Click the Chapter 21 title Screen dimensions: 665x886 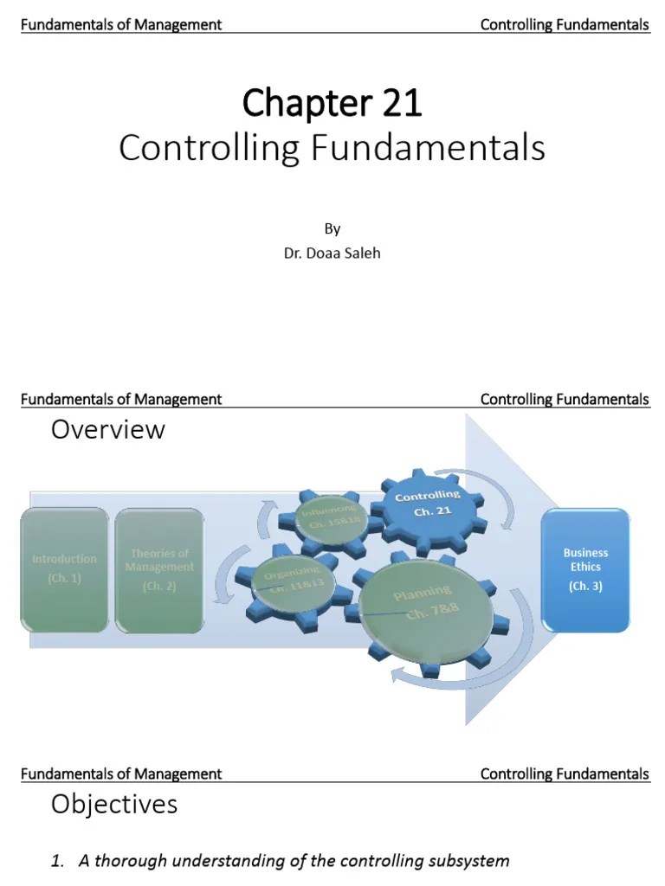click(x=332, y=104)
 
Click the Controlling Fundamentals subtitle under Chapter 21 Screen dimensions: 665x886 click(x=332, y=148)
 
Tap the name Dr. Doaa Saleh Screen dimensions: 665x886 click(x=332, y=254)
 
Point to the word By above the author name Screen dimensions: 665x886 click(x=332, y=229)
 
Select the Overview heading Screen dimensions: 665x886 click(x=107, y=429)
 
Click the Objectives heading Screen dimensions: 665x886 click(x=113, y=804)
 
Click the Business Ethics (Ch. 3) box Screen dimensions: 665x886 click(x=585, y=568)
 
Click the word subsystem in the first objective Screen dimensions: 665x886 click(x=468, y=861)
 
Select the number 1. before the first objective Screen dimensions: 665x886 click(x=58, y=861)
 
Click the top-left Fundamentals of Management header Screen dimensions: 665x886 click(x=120, y=24)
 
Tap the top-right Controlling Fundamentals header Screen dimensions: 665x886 click(x=565, y=24)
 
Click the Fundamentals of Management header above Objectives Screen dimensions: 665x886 click(x=120, y=774)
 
